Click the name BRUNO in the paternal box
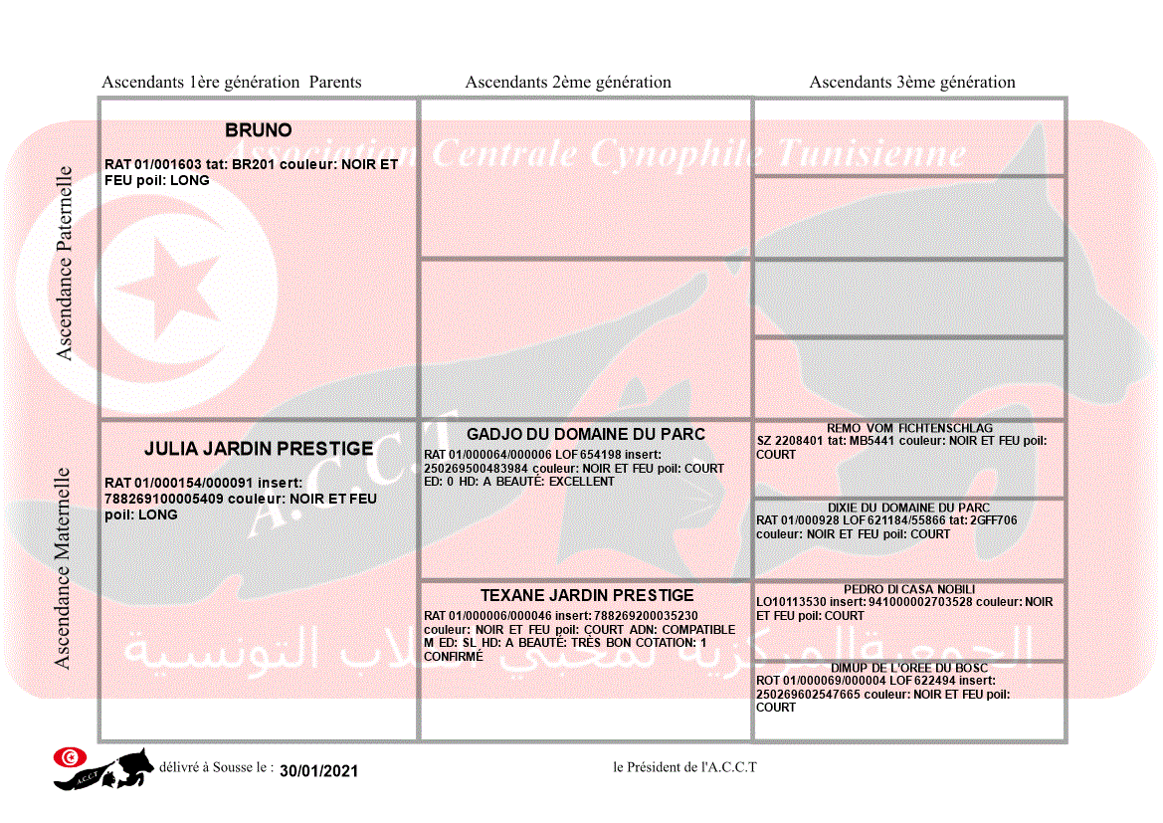(259, 130)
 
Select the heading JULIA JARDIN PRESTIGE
(259, 449)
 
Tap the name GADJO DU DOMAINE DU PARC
(586, 434)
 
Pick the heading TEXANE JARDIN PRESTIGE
(587, 595)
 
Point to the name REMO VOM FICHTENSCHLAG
(910, 428)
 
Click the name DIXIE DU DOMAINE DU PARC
(909, 508)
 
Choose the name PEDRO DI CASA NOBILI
(909, 589)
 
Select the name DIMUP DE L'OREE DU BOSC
(909, 668)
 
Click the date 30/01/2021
(318, 771)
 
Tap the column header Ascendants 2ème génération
(568, 83)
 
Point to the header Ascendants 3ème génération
(912, 83)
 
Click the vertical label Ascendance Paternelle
(65, 263)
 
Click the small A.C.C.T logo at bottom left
(102, 768)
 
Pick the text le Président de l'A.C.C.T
(684, 767)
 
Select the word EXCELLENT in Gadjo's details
(582, 482)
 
